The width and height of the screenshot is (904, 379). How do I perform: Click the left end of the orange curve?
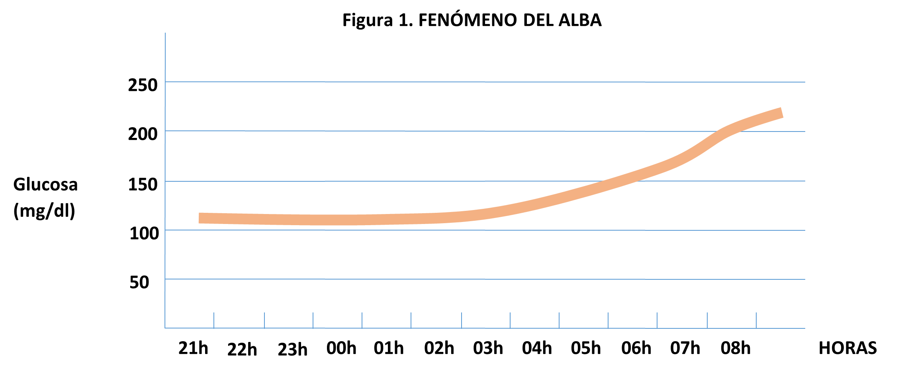point(200,218)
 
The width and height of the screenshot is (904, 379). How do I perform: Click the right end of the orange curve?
point(782,113)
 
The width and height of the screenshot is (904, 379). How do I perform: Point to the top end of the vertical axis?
point(165,33)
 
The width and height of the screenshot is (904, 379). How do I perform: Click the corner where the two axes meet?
point(165,328)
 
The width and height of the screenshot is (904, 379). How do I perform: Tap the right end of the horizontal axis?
point(805,328)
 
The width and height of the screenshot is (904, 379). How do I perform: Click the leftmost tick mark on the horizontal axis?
point(214,320)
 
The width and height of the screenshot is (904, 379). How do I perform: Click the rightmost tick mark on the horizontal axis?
point(756,320)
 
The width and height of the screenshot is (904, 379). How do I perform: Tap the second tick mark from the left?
point(264,320)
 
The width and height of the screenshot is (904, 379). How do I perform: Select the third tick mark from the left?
point(313,320)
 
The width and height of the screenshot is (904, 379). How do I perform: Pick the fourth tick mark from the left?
point(362,320)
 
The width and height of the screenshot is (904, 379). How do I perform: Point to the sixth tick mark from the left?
point(462,320)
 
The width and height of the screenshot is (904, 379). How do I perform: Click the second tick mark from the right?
point(707,320)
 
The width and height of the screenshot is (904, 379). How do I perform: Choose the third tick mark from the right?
point(657,320)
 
